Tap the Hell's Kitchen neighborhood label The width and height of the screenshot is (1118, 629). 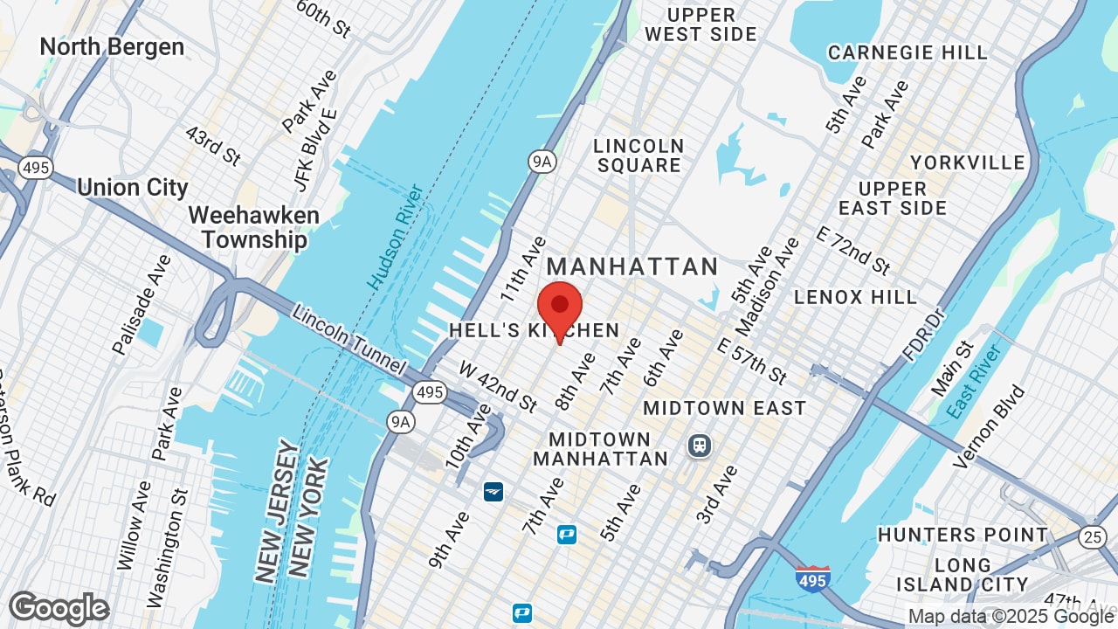535,330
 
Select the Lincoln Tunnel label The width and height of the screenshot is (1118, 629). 349,339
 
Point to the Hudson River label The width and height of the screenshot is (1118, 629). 396,237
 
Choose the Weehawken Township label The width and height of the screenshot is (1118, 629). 253,227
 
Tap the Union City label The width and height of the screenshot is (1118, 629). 133,188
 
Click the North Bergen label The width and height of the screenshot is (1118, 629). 112,46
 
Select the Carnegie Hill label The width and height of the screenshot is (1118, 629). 908,52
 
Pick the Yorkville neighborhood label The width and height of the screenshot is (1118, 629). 967,162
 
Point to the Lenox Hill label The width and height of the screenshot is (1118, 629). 855,297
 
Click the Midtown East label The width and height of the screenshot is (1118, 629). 724,408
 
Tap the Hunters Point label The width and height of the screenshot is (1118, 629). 963,535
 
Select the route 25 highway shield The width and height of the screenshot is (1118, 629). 1092,536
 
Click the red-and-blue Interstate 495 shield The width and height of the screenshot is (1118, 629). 812,578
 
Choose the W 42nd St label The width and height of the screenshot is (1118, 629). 497,387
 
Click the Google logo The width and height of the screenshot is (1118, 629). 59,609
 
